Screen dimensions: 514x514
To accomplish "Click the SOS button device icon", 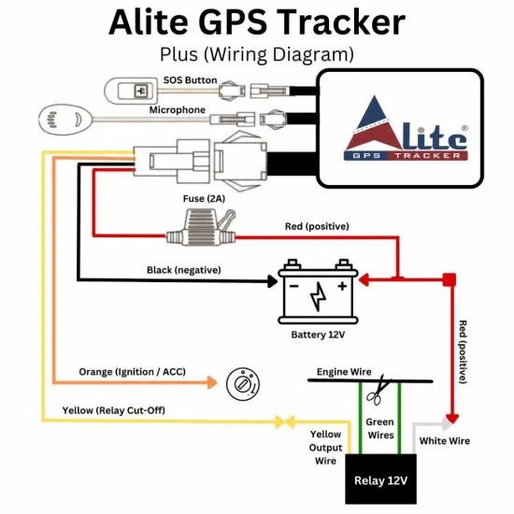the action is coord(131,91).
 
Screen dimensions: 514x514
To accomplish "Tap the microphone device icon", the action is coord(65,120).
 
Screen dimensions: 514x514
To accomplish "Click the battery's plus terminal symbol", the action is coord(342,286).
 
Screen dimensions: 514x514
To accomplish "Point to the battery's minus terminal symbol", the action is coord(293,287).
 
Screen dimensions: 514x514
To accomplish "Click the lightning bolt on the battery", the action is coord(318,296).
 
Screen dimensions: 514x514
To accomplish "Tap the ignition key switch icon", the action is coord(243,384).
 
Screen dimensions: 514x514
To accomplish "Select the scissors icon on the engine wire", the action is coord(378,390).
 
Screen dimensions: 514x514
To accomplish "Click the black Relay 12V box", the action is coord(381,478).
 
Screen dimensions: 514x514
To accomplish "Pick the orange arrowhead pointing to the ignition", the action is coord(212,382).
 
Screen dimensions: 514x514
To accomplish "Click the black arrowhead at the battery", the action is coord(272,281).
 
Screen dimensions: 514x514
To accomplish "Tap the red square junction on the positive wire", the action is coord(450,279).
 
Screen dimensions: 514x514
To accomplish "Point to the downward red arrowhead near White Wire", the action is coord(452,419).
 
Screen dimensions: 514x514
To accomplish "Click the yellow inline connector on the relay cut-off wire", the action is coord(284,421).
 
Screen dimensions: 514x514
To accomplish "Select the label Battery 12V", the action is coord(318,335).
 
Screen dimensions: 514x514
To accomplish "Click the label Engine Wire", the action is coord(344,372).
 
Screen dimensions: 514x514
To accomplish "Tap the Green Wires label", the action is coord(380,428).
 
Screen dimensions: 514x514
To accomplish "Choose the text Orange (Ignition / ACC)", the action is coord(133,372).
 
